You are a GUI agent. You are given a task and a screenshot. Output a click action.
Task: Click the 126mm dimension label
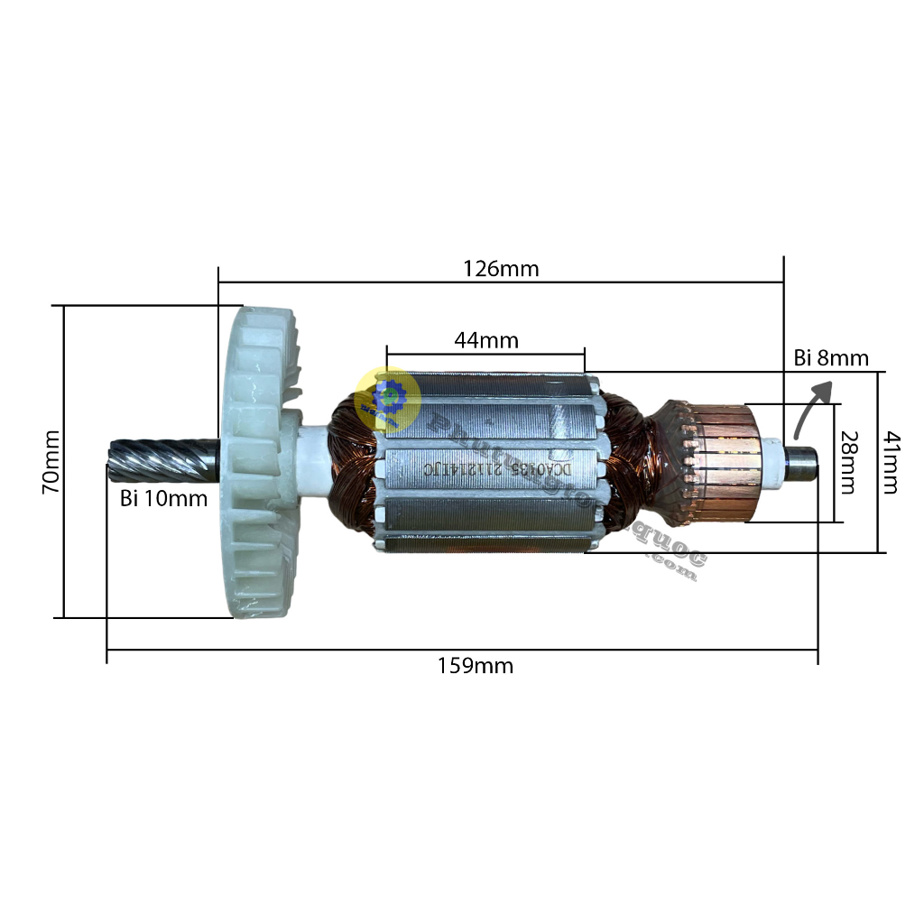[501, 268]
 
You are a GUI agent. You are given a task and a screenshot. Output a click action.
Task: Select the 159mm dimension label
[476, 667]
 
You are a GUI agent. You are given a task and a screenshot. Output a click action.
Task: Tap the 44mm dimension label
[486, 340]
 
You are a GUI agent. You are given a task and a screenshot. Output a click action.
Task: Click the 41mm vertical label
[890, 461]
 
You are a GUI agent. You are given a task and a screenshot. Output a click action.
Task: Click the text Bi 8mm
[831, 358]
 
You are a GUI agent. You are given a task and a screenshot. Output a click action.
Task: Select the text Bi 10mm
[164, 497]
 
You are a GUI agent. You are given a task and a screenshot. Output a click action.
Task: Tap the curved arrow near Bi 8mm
[809, 406]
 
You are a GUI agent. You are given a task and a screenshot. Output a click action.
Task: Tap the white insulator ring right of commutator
[774, 459]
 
